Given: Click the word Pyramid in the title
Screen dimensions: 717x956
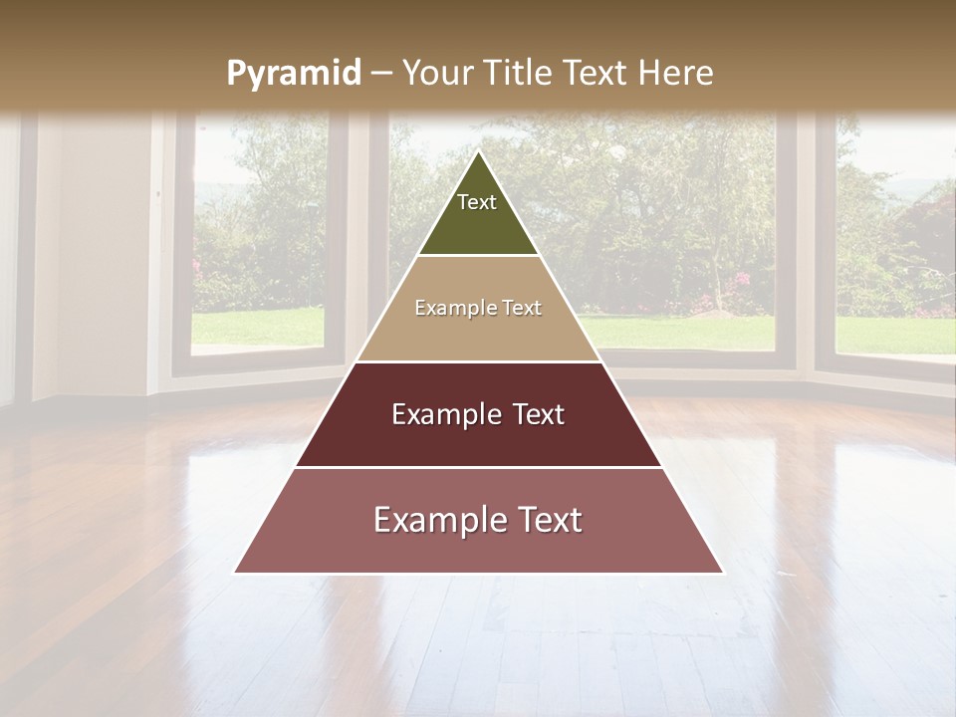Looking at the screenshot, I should pyautogui.click(x=294, y=74).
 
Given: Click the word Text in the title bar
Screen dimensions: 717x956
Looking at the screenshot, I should pyautogui.click(x=596, y=73).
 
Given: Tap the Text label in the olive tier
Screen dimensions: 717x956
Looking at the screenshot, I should pyautogui.click(x=477, y=202).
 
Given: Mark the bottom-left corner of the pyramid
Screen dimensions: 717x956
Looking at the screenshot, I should pyautogui.click(x=235, y=573).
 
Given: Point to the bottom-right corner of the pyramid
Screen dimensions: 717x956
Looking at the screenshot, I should pyautogui.click(x=723, y=573).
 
